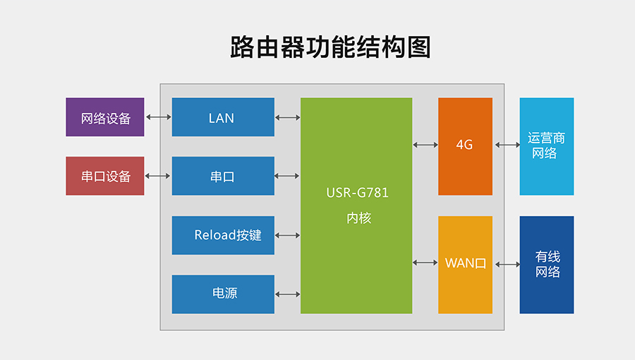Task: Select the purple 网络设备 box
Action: click(105, 117)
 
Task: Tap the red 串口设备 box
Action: click(105, 176)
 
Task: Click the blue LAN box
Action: click(223, 117)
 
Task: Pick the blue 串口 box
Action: click(223, 176)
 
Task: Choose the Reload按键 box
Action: click(223, 235)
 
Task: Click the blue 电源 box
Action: click(223, 294)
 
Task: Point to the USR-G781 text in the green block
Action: click(357, 193)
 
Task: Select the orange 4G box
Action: click(465, 145)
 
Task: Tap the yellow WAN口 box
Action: click(465, 264)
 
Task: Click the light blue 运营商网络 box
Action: click(546, 145)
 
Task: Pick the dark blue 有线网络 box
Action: click(546, 264)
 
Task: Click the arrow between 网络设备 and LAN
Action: click(158, 117)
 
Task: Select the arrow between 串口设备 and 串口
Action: click(158, 176)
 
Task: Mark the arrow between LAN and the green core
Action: click(287, 117)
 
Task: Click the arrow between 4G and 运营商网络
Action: click(507, 145)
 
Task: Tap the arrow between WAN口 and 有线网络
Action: click(507, 265)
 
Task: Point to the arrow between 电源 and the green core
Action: click(287, 294)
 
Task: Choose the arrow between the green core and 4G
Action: click(425, 145)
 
